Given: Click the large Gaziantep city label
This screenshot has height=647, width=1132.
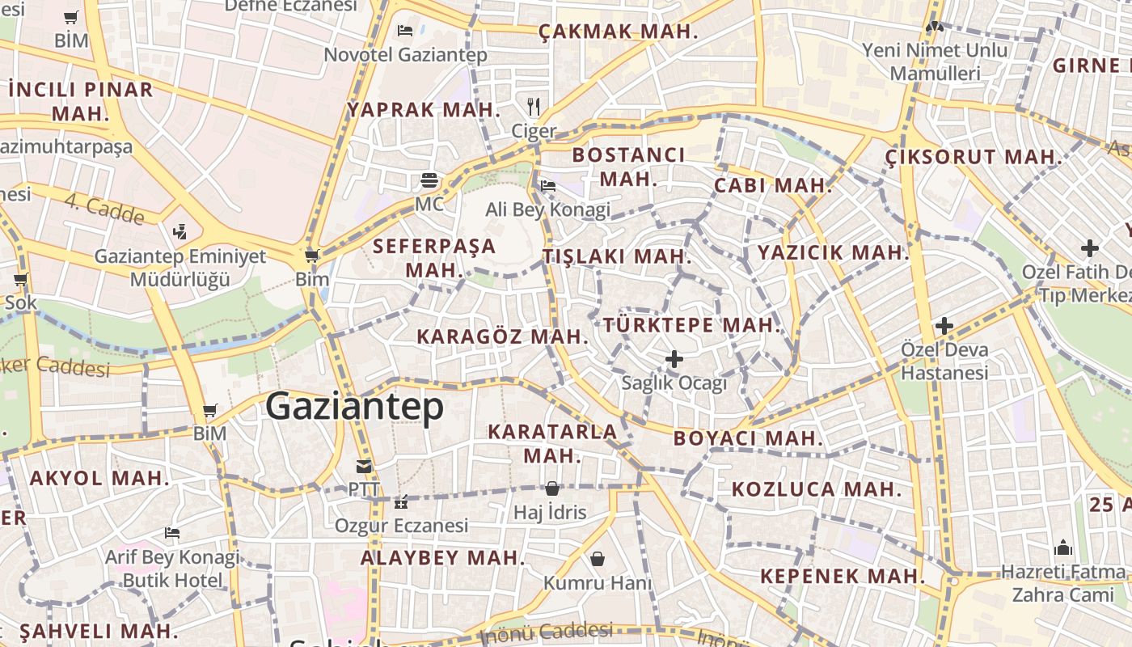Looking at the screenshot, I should (354, 406).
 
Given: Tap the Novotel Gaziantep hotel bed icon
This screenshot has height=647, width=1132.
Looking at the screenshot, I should (405, 31).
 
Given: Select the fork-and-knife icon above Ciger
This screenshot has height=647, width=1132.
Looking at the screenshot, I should (533, 106).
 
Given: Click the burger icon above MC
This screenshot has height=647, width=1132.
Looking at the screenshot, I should (429, 180).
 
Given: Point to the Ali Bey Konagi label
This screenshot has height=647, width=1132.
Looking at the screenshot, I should (547, 210).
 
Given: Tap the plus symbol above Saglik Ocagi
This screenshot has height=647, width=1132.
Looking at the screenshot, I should (674, 358).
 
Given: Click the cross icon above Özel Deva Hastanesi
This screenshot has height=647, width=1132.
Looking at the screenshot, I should (944, 326).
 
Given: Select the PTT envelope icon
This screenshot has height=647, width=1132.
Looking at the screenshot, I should (363, 466).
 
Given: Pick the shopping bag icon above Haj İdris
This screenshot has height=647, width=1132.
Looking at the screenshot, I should (551, 488).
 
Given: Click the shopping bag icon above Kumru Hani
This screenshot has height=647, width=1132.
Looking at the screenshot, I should (598, 559).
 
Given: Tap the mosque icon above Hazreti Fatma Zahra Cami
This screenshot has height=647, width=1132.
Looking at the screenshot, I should (1063, 548).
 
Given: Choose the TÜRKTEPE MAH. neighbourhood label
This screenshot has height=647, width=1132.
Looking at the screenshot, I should (692, 325).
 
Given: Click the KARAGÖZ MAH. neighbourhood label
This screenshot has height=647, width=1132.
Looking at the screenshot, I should (502, 336).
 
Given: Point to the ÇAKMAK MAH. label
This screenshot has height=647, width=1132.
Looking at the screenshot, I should (619, 32).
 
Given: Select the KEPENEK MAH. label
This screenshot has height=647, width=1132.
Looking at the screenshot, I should (842, 577).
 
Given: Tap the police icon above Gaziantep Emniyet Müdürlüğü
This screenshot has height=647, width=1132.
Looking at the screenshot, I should (180, 233).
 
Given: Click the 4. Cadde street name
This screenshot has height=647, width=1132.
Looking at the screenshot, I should (105, 209).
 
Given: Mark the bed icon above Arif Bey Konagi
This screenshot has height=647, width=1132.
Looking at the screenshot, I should (171, 533).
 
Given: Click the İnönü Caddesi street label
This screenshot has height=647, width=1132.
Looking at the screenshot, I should (551, 632).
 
